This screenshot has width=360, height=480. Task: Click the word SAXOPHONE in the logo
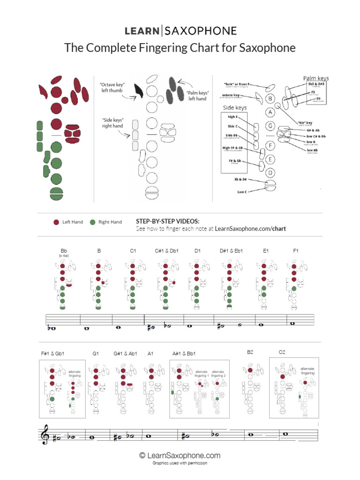tap(201, 31)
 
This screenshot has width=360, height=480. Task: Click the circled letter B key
tap(270, 99)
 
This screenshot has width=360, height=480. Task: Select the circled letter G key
tap(270, 126)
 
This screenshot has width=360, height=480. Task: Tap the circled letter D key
tap(270, 172)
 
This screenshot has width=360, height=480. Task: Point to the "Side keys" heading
tap(235, 107)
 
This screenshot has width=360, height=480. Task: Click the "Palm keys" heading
tap(316, 78)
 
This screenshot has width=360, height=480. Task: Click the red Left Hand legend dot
tap(56, 222)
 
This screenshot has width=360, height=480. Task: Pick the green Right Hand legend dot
tap(92, 222)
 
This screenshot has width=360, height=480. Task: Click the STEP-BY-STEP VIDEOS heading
tap(167, 221)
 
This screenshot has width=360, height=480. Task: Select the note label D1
tap(198, 251)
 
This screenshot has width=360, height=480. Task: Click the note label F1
tap(296, 251)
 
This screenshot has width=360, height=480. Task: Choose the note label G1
tap(96, 353)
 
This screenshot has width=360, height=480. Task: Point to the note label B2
tap(250, 352)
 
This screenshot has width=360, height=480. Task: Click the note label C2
tap(282, 352)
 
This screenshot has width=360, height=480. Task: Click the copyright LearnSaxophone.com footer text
tap(180, 455)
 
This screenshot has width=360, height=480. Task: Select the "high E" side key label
tap(233, 117)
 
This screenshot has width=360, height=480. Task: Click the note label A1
tap(150, 353)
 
